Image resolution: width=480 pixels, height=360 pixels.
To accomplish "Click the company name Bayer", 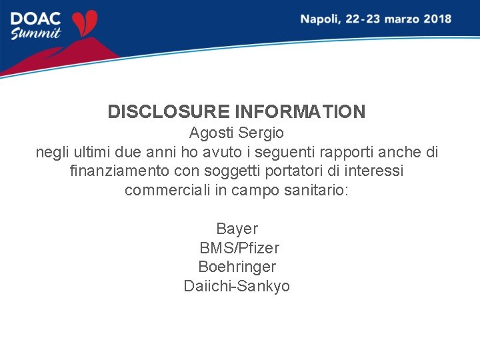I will click(x=237, y=229).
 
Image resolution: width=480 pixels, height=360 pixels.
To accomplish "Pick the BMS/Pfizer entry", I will click(x=239, y=248).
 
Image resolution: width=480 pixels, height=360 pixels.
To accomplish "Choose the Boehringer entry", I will click(x=237, y=267).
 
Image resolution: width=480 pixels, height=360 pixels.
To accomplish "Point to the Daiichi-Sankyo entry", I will click(x=237, y=286).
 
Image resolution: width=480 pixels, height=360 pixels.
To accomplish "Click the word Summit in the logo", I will click(x=36, y=33).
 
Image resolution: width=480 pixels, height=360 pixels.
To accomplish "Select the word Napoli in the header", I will click(x=319, y=19).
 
